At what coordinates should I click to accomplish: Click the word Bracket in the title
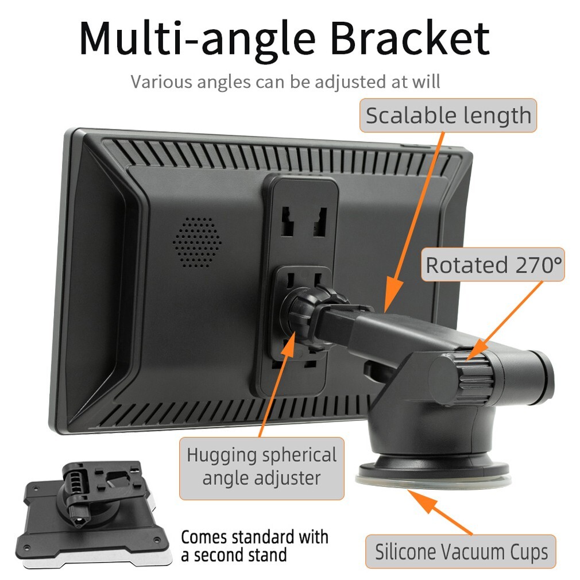pyautogui.click(x=410, y=38)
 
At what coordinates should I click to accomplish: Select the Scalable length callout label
pyautogui.click(x=448, y=115)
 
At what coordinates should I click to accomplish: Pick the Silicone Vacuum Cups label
pyautogui.click(x=461, y=551)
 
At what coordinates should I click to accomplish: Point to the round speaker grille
pyautogui.click(x=197, y=242)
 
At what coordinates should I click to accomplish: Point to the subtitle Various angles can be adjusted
pyautogui.click(x=285, y=82)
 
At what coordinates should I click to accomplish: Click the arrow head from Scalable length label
pyautogui.click(x=392, y=295)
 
